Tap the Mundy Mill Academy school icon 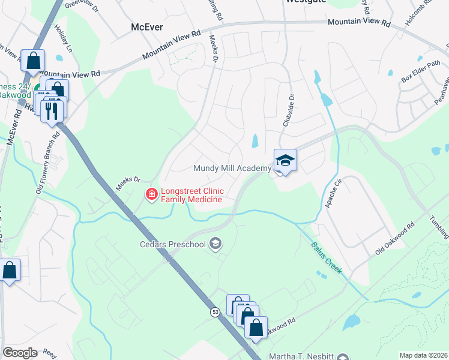tap(285, 160)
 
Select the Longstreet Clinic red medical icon tap(151, 194)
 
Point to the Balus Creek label tap(326, 259)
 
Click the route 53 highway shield tap(215, 313)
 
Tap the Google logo tap(20, 353)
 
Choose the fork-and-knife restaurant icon tap(53, 110)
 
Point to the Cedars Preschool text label tap(172, 244)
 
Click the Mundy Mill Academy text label tap(232, 169)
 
